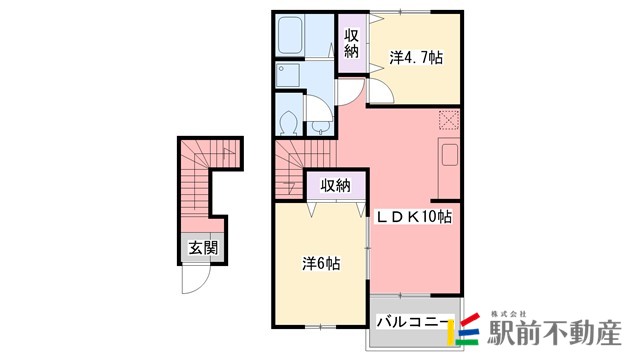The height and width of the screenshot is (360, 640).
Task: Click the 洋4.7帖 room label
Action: pyautogui.click(x=415, y=58)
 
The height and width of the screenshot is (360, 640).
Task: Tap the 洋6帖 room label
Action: pyautogui.click(x=322, y=264)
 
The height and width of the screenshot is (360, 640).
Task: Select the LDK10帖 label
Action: pyautogui.click(x=414, y=216)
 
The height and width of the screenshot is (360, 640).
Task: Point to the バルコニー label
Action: pyautogui.click(x=411, y=322)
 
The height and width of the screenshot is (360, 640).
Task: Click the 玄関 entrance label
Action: pyautogui.click(x=202, y=249)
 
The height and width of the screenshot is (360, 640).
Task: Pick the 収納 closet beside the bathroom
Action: pyautogui.click(x=351, y=45)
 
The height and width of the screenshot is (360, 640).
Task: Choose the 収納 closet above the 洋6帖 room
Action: pyautogui.click(x=336, y=185)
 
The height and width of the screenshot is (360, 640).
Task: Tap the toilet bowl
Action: pyautogui.click(x=288, y=123)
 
